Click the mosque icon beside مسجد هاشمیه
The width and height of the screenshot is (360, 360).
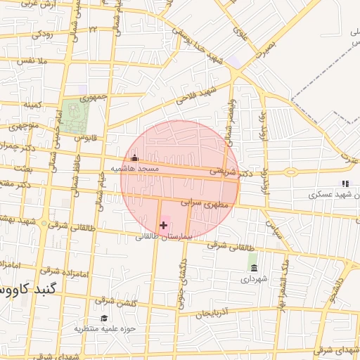(x=134, y=158)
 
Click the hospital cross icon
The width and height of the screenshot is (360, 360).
(x=164, y=225)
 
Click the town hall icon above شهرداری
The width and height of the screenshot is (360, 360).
(x=254, y=268)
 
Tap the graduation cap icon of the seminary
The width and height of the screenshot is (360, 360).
(x=104, y=318)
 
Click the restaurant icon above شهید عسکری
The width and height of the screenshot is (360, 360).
(x=345, y=184)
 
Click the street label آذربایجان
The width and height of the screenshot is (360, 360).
(x=214, y=313)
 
